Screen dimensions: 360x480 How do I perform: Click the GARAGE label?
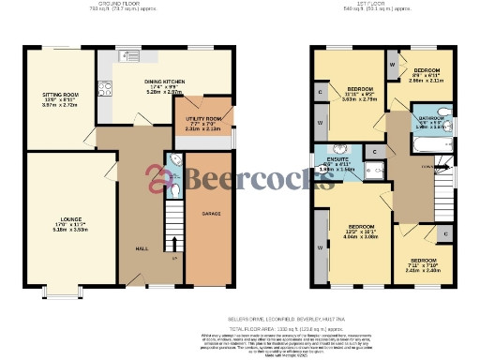(211, 214)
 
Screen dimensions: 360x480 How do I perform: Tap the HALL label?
(142, 248)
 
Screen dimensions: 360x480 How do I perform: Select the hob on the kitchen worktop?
(105, 92)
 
